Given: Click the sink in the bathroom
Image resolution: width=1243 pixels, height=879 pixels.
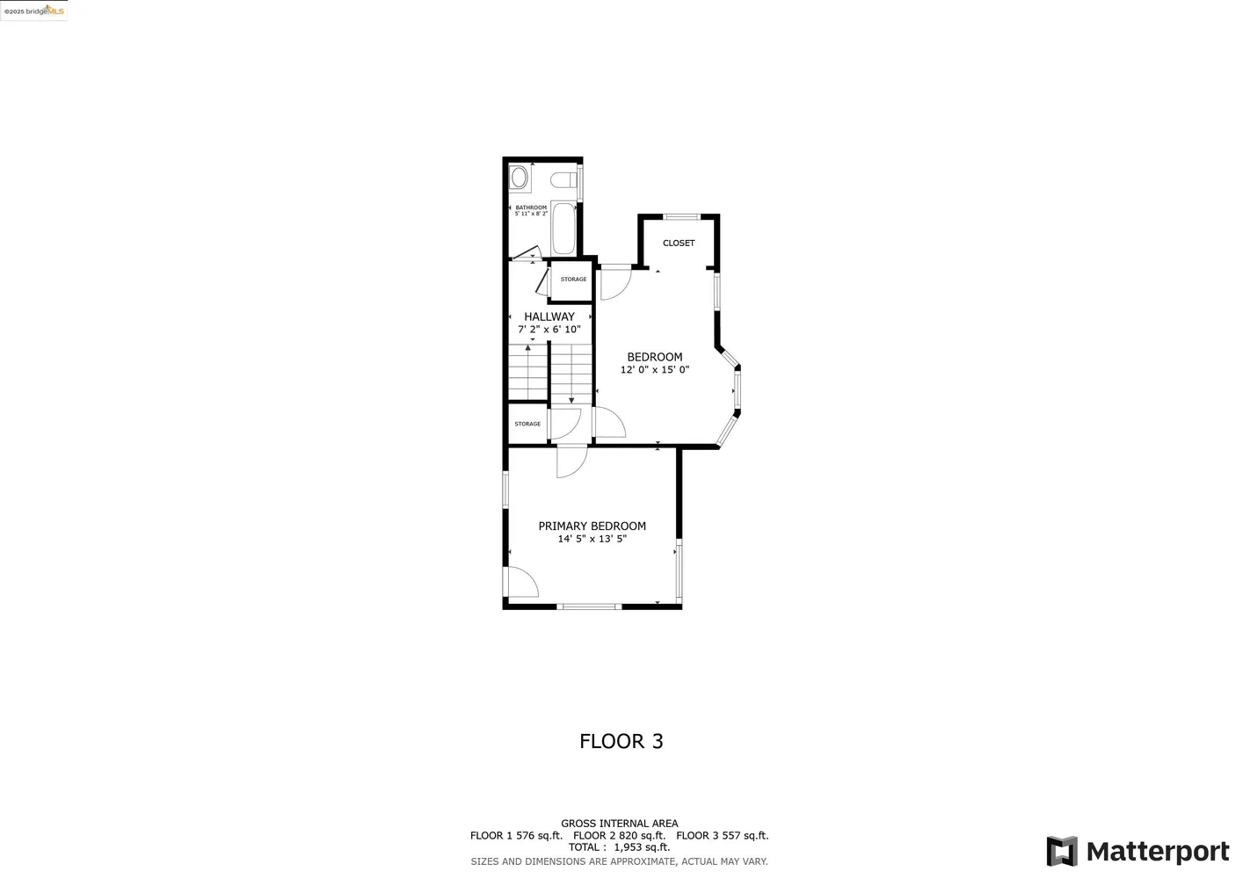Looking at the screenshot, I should click(x=520, y=178).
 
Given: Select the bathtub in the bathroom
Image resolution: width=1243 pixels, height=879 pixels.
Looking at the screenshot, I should click(x=563, y=228).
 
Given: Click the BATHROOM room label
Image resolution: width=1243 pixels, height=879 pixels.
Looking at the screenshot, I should click(x=531, y=207).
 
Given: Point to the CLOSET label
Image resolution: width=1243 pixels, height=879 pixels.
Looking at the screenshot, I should click(x=679, y=243).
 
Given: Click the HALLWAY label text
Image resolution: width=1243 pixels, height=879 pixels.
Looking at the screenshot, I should click(x=549, y=316).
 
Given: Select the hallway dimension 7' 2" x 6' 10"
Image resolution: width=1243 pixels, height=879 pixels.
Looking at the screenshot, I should click(x=549, y=330).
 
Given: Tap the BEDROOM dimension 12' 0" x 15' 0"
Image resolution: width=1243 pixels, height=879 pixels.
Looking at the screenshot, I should click(x=655, y=370).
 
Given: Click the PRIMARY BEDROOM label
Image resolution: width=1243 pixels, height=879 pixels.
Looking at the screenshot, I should click(x=592, y=526).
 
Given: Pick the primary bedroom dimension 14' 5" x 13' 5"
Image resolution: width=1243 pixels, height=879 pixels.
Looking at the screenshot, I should click(x=592, y=539).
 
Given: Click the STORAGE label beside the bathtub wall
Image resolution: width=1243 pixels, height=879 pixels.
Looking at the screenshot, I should click(x=573, y=280).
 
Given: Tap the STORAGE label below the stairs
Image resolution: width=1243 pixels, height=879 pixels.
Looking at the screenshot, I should click(x=527, y=424).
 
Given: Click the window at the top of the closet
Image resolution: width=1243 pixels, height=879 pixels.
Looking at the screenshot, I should click(x=681, y=216).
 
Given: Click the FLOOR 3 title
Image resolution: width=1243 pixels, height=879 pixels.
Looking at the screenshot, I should click(x=621, y=741).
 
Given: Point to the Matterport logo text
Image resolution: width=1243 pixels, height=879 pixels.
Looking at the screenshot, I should click(x=1158, y=852).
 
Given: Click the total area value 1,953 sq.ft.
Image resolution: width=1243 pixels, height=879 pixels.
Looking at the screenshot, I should click(x=642, y=847).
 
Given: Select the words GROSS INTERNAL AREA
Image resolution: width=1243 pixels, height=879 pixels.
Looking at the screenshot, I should click(x=620, y=824).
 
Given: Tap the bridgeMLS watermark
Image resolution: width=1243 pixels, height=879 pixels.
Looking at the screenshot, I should click(x=34, y=11).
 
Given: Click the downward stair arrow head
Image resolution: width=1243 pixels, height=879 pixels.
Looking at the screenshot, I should click(x=571, y=401).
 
